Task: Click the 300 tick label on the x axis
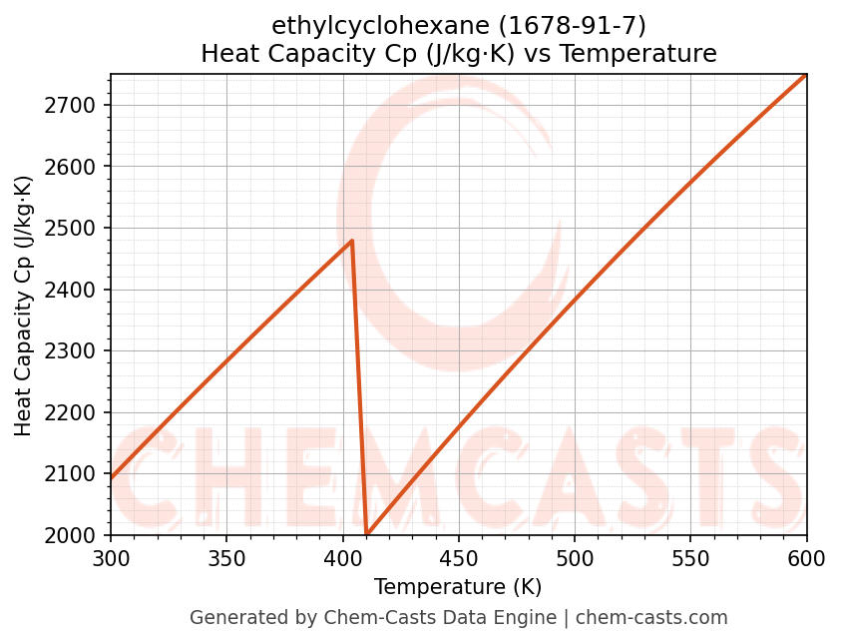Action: pos(111,558)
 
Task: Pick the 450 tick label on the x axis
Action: pos(458,558)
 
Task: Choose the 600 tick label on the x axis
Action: pos(806,558)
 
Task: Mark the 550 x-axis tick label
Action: pos(690,558)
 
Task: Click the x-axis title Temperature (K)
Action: pos(458,587)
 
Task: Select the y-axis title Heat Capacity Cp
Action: pos(24,305)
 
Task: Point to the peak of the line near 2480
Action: pos(352,241)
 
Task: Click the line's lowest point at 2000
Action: pos(367,534)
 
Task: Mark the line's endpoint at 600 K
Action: pos(806,75)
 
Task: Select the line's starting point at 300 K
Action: pos(111,478)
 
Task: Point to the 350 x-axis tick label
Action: pos(226,558)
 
